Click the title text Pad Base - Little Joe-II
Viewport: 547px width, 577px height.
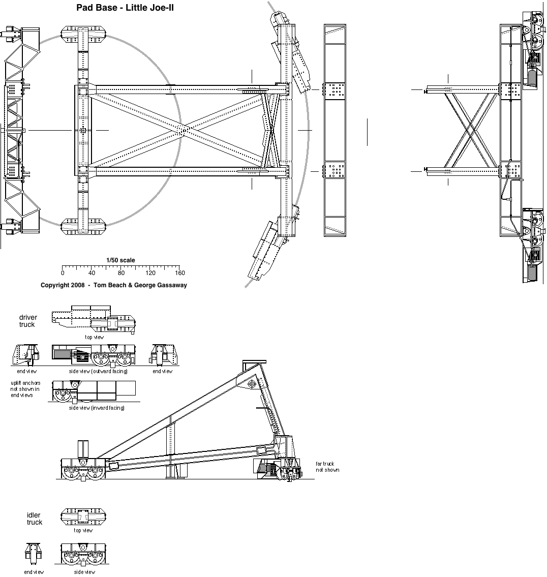click(x=125, y=7)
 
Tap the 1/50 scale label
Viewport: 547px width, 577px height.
click(x=121, y=260)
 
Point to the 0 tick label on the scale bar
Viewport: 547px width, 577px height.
click(x=63, y=273)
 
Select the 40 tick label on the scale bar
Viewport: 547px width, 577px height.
click(x=92, y=273)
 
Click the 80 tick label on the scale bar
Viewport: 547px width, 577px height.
click(x=121, y=273)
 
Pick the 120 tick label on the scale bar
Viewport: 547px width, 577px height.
click(x=150, y=273)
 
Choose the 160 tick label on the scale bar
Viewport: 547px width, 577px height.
click(x=179, y=273)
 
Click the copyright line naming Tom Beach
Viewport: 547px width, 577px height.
click(x=114, y=285)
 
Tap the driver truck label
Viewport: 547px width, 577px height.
click(x=28, y=321)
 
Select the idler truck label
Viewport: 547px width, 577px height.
click(x=34, y=519)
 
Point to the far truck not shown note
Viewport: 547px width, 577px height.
click(x=327, y=467)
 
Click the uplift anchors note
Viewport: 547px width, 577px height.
click(x=25, y=389)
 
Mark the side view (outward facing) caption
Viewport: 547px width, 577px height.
click(x=98, y=371)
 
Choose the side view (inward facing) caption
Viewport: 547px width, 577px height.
click(x=97, y=408)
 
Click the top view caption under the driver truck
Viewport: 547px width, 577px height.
click(x=94, y=337)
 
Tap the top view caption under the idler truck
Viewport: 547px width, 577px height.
click(x=83, y=530)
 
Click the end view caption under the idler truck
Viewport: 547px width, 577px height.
click(x=34, y=572)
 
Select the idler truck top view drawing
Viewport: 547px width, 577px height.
click(x=83, y=517)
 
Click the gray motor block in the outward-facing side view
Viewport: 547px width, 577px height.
click(x=62, y=355)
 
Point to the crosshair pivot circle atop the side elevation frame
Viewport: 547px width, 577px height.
click(x=252, y=384)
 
